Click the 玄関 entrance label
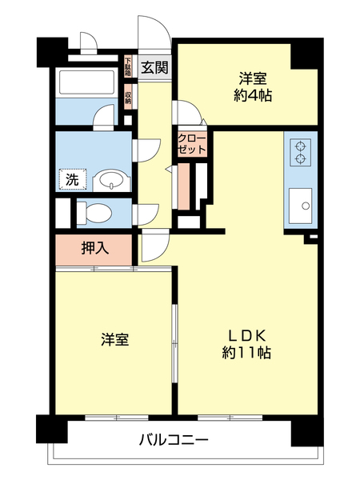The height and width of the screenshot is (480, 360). pyautogui.click(x=154, y=67)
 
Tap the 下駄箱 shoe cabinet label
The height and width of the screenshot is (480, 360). pyautogui.click(x=128, y=66)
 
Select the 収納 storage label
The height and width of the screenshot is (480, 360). pyautogui.click(x=128, y=95)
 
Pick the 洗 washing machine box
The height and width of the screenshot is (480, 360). pyautogui.click(x=71, y=179)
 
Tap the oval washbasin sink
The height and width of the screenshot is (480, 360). pyautogui.click(x=109, y=180)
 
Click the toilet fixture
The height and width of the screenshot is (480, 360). pyautogui.click(x=97, y=213)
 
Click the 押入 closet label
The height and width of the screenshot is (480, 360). pyautogui.click(x=94, y=249)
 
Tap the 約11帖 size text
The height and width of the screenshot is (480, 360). pyautogui.click(x=246, y=353)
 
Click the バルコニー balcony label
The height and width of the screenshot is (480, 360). pyautogui.click(x=174, y=438)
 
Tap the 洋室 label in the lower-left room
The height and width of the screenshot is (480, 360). pyautogui.click(x=114, y=339)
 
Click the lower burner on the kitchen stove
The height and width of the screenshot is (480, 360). pyautogui.click(x=302, y=158)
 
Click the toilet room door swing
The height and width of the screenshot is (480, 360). pyautogui.click(x=146, y=214)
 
